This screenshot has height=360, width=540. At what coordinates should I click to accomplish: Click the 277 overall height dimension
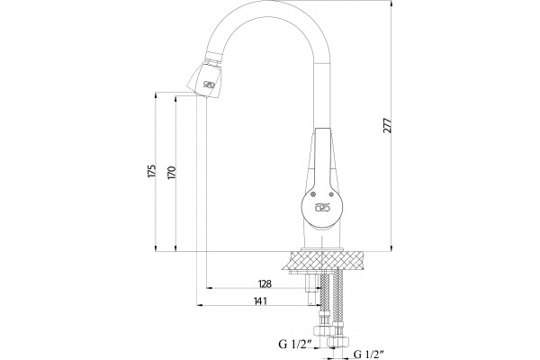[x=388, y=125]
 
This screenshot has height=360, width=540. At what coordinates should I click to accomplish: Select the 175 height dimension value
[x=151, y=172]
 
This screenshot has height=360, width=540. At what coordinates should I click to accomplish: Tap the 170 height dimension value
[x=172, y=173]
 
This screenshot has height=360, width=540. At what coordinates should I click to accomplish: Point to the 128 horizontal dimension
[x=265, y=283]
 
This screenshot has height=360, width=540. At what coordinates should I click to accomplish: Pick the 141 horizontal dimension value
[x=260, y=301]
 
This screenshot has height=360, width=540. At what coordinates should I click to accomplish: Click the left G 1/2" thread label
[x=295, y=344]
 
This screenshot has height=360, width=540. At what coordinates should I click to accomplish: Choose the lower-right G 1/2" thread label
[x=369, y=354]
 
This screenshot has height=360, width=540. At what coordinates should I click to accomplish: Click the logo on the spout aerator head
[x=210, y=84]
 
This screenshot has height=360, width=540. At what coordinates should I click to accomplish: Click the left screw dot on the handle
[x=313, y=194]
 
